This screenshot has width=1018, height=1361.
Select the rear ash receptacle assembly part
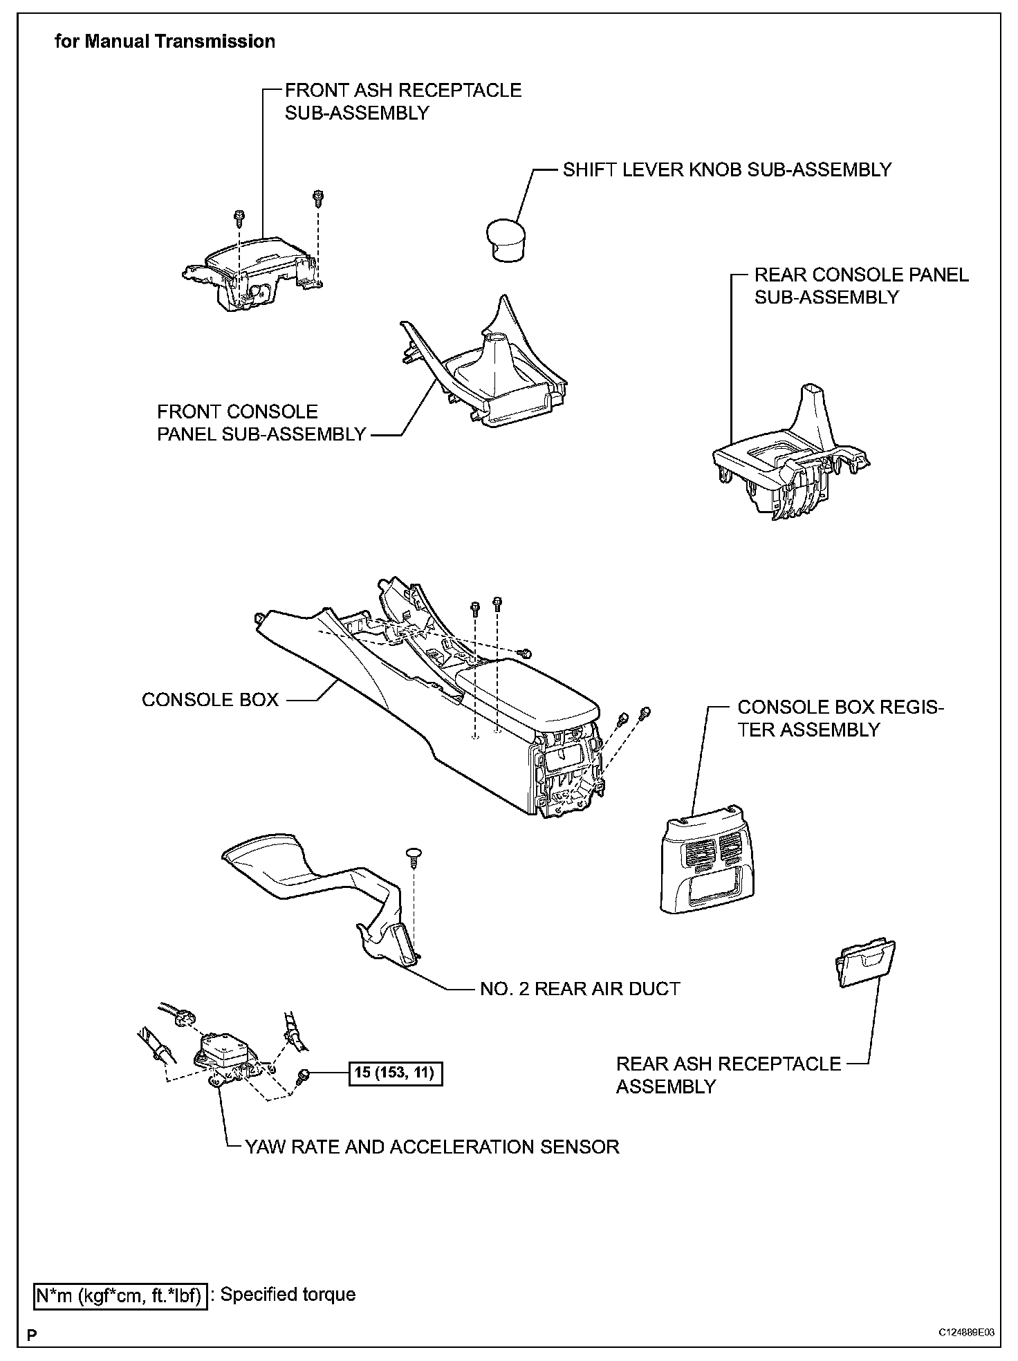click(x=865, y=963)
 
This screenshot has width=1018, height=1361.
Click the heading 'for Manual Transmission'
click(x=165, y=41)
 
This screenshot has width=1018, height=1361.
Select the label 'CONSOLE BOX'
click(x=210, y=700)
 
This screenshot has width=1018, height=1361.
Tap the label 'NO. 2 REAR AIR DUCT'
click(x=580, y=989)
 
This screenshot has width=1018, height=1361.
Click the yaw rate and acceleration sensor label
click(x=432, y=1147)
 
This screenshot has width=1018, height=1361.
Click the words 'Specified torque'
click(x=288, y=1295)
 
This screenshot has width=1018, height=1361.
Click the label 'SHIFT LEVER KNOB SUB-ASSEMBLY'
click(x=727, y=170)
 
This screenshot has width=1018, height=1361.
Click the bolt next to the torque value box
click(x=303, y=1075)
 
